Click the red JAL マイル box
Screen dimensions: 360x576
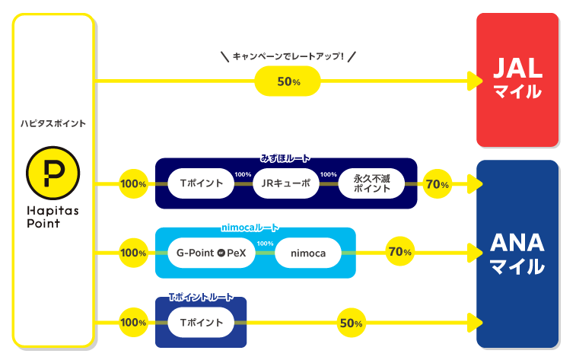click(x=517, y=79)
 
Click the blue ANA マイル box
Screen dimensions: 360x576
click(x=517, y=253)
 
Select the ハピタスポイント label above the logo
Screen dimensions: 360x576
click(x=53, y=123)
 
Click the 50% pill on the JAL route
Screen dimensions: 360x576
click(x=288, y=81)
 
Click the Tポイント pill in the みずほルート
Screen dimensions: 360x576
click(x=201, y=183)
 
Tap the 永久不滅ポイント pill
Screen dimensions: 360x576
click(x=371, y=183)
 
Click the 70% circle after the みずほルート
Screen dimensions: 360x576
click(x=437, y=183)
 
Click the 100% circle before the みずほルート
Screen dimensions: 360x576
click(x=133, y=183)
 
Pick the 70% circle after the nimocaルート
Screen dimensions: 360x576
click(x=399, y=252)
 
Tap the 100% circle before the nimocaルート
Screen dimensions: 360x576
click(x=133, y=253)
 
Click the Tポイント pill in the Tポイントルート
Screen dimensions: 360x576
click(x=201, y=322)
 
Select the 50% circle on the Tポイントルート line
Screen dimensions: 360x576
click(x=351, y=323)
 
